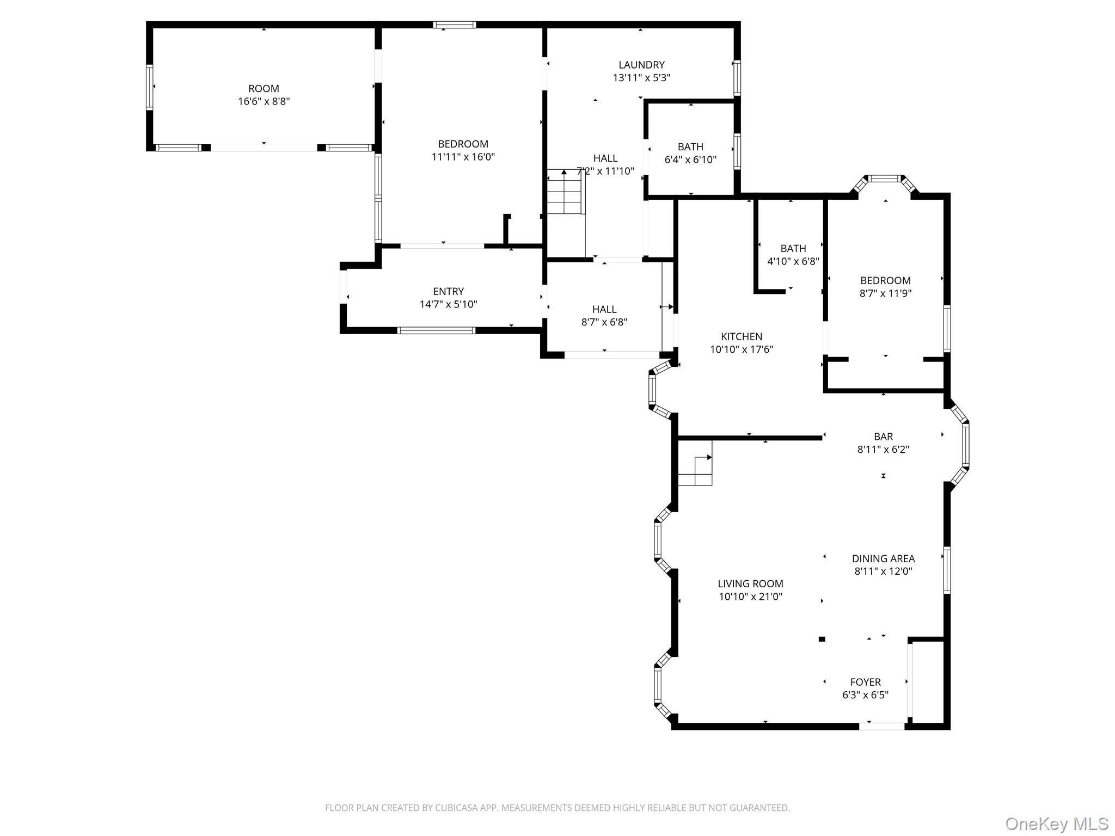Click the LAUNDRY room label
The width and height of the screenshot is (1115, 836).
click(x=641, y=65)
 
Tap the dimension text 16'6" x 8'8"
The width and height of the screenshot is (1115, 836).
click(x=264, y=102)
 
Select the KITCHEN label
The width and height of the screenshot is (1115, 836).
click(x=742, y=336)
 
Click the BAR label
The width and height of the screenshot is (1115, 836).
click(x=883, y=437)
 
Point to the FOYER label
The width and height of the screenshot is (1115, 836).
click(x=865, y=682)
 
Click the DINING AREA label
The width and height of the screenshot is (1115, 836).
click(x=883, y=558)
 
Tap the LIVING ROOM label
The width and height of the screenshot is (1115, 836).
click(x=750, y=583)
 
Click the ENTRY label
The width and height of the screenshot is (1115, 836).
click(x=448, y=291)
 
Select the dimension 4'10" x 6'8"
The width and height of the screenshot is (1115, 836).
click(x=793, y=261)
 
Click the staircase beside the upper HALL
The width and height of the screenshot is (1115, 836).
click(x=566, y=192)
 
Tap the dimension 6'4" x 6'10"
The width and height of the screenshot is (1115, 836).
click(x=690, y=160)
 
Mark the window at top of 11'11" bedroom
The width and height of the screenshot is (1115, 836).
click(x=455, y=24)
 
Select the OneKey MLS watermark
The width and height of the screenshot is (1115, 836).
click(x=1056, y=823)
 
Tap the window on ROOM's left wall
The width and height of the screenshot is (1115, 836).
click(x=149, y=87)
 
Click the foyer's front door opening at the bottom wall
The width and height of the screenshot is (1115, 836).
click(x=882, y=726)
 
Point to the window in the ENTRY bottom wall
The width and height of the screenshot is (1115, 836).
click(x=436, y=330)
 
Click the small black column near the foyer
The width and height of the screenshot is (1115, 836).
click(x=822, y=639)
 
